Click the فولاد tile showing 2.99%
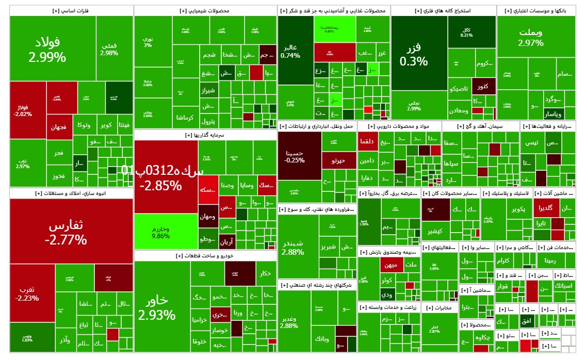point(47,49)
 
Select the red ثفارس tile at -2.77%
point(66,232)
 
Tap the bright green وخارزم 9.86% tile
point(160,232)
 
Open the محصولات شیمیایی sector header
point(205,10)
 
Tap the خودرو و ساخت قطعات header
point(205,256)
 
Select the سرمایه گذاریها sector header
point(205,135)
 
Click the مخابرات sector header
point(440,308)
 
